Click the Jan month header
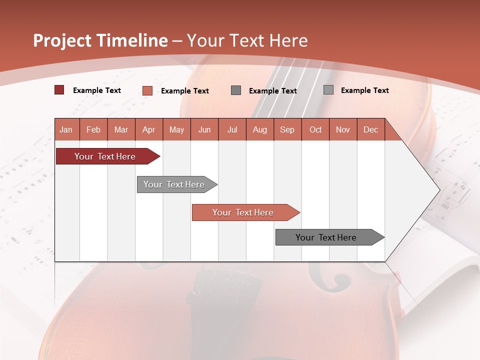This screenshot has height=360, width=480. pos(66,129)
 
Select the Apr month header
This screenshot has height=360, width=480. pos(148,129)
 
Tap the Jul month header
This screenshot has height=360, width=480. pos(232,129)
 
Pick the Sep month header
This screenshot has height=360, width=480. pos(287,129)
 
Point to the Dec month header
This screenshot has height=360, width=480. pos(370,129)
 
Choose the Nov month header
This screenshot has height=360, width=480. pos(342,129)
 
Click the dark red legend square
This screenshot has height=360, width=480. pos(59,90)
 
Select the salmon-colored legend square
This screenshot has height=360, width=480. pos(147,90)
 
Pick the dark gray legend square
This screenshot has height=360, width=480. pos(236,90)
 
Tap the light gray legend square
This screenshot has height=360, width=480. pos(328,90)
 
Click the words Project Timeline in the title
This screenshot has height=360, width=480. pos(100,40)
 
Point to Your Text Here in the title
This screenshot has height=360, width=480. pos(247,40)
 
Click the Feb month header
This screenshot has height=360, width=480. pos(93,129)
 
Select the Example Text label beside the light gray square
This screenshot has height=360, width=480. pos(364,90)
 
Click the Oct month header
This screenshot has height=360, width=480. pos(315,129)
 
